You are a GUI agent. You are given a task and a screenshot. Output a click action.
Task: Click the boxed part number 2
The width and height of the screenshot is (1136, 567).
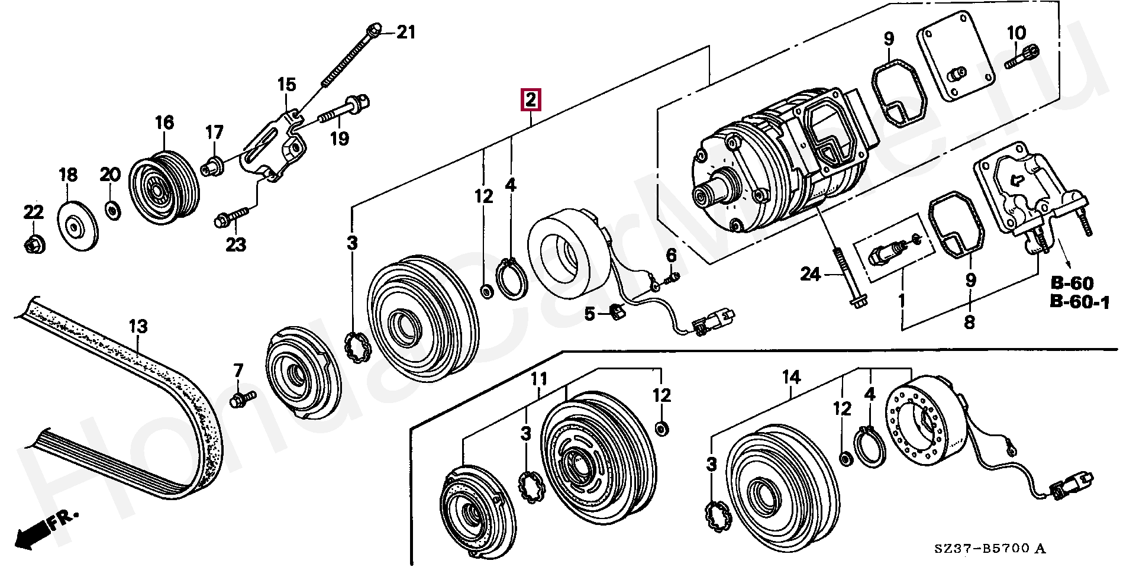[530, 100]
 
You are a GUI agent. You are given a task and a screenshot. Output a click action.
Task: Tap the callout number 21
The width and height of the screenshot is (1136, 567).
[406, 32]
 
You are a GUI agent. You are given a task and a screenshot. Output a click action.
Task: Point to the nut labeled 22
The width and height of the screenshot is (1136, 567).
[34, 243]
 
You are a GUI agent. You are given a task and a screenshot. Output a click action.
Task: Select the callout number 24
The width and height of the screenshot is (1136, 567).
[811, 274]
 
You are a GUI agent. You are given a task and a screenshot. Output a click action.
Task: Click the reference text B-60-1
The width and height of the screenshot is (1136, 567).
[1080, 302]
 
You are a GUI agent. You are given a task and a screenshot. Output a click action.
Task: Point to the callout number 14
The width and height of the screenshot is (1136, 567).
[791, 376]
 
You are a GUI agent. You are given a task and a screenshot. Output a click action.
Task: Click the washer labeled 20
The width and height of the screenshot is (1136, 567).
[111, 210]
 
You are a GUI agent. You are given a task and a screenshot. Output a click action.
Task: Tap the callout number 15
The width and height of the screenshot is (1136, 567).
[286, 84]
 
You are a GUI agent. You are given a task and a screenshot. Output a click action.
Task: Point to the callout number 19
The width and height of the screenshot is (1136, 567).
[340, 138]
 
